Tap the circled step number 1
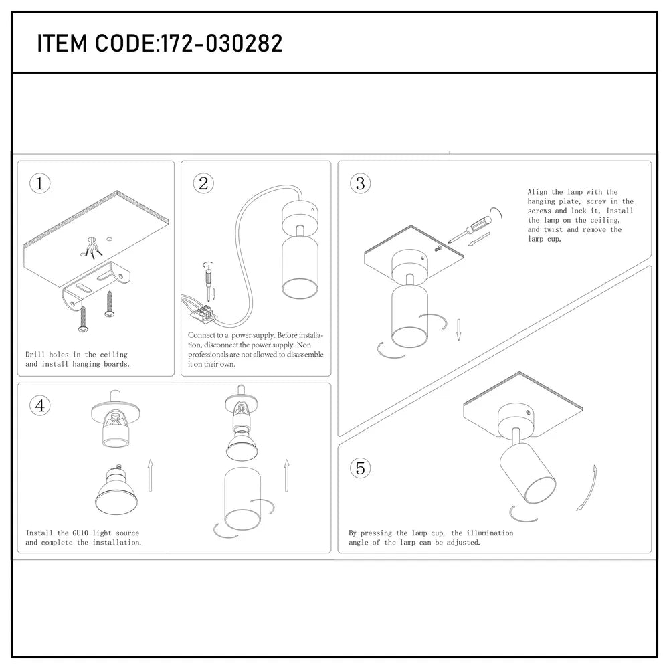click(40, 184)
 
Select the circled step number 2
click(204, 184)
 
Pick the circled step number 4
click(40, 405)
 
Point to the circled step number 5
click(361, 468)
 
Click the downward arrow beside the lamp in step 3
click(459, 330)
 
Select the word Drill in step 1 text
click(35, 355)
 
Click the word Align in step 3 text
click(537, 192)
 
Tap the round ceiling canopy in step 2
click(296, 215)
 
